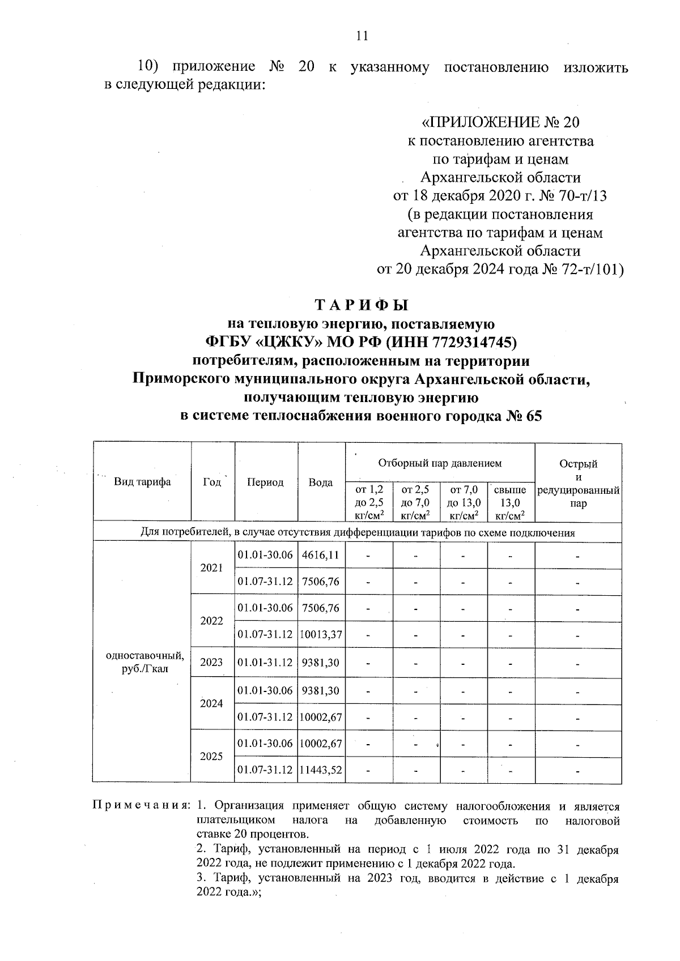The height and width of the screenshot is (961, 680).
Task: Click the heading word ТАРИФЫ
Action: (x=361, y=305)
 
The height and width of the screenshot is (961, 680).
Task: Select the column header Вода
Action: (x=321, y=482)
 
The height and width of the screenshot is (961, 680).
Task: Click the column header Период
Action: (x=265, y=482)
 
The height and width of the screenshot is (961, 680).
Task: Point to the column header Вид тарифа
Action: (x=142, y=482)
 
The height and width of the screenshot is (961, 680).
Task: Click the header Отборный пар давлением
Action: (x=440, y=463)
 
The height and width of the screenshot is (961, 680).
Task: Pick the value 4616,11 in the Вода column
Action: (x=321, y=555)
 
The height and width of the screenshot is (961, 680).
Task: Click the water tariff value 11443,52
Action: (x=321, y=770)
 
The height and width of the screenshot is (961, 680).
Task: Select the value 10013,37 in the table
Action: (x=321, y=634)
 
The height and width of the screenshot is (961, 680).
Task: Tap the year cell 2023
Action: (x=211, y=662)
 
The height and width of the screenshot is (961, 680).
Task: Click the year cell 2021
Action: (x=211, y=568)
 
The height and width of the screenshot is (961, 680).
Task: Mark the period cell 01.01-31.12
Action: (x=265, y=662)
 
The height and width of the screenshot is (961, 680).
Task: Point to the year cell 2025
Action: (x=211, y=757)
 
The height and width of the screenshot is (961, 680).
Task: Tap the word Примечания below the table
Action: (x=141, y=806)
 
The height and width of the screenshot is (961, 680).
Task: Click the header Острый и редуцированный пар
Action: (x=578, y=483)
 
